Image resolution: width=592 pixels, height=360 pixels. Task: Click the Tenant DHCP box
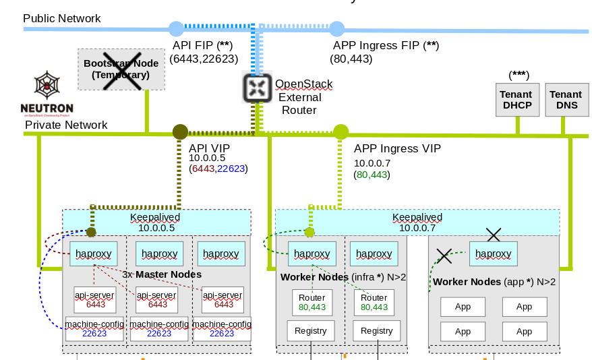[516, 100]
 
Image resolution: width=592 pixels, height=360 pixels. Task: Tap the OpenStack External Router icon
[257, 88]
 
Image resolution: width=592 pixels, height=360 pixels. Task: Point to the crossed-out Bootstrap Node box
[121, 69]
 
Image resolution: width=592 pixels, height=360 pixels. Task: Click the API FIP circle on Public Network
[175, 28]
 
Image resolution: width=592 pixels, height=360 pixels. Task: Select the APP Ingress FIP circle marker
[336, 28]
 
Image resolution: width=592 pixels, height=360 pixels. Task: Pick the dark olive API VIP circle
[180, 132]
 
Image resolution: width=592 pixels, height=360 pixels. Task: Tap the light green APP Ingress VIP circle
[341, 132]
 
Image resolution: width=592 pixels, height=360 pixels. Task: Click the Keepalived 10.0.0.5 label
[156, 222]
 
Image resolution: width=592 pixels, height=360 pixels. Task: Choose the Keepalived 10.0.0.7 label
[417, 222]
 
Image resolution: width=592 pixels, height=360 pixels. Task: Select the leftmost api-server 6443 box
[95, 300]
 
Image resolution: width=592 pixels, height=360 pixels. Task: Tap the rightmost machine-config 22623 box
[222, 328]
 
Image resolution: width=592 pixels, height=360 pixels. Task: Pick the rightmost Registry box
[376, 330]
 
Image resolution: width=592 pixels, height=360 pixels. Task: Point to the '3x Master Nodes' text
[162, 274]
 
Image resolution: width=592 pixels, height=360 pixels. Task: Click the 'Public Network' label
[62, 18]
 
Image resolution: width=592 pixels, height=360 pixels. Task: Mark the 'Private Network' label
[66, 125]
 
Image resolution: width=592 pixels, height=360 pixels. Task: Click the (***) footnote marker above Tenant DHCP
[519, 74]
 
